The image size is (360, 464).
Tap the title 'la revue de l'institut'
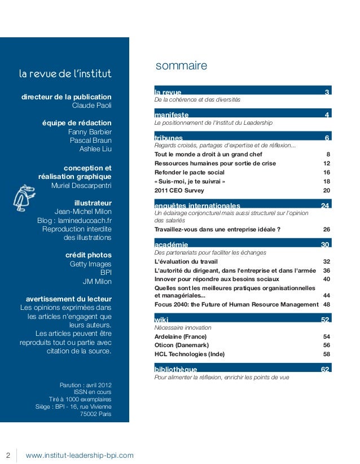65,74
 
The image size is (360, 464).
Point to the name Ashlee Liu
95,149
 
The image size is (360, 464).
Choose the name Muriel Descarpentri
81,185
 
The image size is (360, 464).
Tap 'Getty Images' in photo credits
90,264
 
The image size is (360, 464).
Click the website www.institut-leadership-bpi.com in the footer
80,455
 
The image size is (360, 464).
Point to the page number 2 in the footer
8,455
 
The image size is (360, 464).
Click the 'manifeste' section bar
242,115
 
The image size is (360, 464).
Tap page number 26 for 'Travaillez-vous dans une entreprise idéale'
326,230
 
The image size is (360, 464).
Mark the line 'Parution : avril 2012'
85,386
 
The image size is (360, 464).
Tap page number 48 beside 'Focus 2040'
326,304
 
